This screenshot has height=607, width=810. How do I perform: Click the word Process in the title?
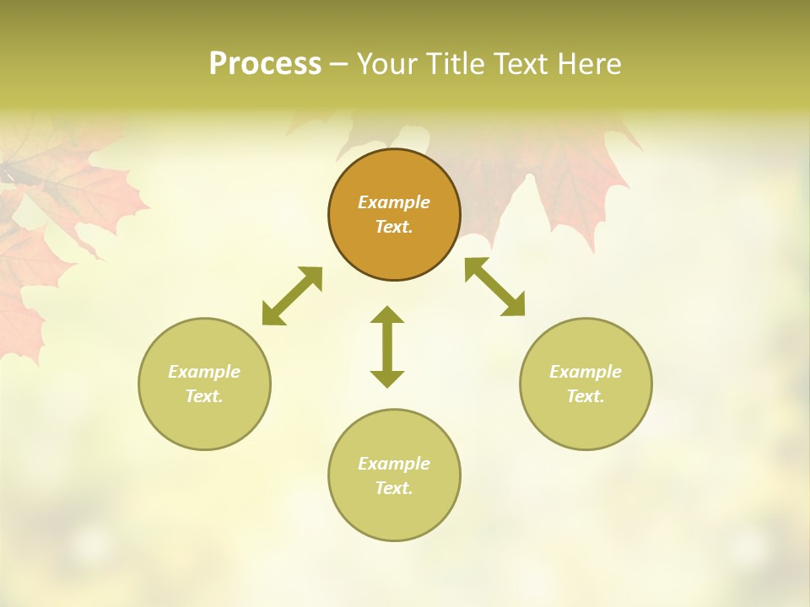point(265,64)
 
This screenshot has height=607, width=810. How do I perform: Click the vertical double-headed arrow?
point(387,346)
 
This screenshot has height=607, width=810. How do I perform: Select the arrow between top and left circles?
point(292,296)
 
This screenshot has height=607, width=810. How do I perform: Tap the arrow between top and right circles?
point(494,287)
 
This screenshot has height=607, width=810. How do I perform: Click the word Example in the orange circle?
point(394,202)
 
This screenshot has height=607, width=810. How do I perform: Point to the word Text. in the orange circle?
point(394,227)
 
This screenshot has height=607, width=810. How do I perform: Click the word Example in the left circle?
point(204,372)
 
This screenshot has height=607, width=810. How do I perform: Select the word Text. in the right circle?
point(586,396)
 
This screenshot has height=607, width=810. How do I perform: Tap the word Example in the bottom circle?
point(394,464)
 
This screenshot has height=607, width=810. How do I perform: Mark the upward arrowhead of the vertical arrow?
point(387,314)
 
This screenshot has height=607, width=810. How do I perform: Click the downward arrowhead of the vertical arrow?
point(387,379)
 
